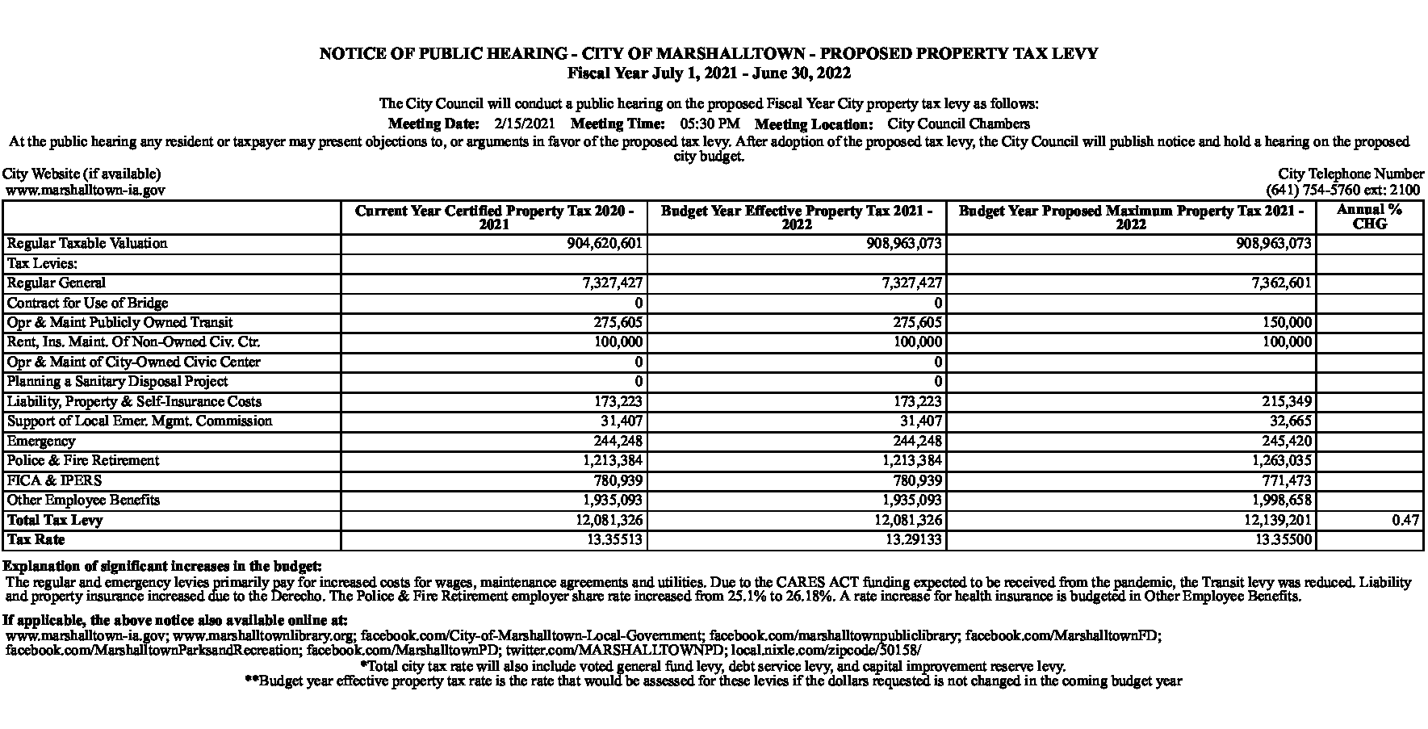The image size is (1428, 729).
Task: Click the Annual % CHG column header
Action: click(1369, 216)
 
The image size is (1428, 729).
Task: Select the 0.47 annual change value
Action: click(1405, 521)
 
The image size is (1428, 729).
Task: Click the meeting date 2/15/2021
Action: click(525, 124)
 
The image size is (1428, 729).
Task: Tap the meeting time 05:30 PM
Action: click(710, 124)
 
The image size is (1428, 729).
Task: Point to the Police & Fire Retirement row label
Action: click(83, 461)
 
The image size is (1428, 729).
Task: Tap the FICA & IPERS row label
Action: click(54, 480)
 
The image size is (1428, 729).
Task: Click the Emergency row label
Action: click(41, 442)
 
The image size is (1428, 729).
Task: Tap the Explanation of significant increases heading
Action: click(162, 566)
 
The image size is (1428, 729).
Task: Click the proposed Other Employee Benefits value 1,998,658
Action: click(1279, 501)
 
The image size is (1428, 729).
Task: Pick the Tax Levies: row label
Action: click(41, 263)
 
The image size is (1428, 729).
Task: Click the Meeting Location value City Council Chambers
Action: click(958, 124)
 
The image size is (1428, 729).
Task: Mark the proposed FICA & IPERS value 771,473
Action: click(1285, 481)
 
